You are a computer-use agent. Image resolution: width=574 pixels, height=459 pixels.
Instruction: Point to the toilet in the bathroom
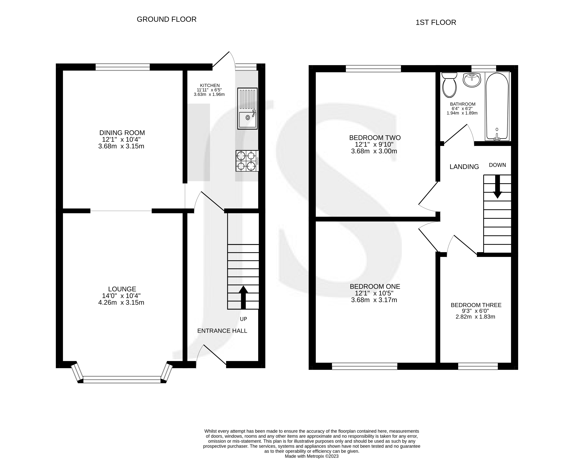449,85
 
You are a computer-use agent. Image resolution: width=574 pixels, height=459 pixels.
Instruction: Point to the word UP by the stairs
243,319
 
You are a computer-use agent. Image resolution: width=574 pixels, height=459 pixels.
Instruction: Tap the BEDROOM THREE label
476,305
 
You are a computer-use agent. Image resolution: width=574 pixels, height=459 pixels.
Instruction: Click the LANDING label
464,167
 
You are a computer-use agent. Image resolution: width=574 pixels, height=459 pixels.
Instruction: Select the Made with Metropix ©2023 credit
312,456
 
